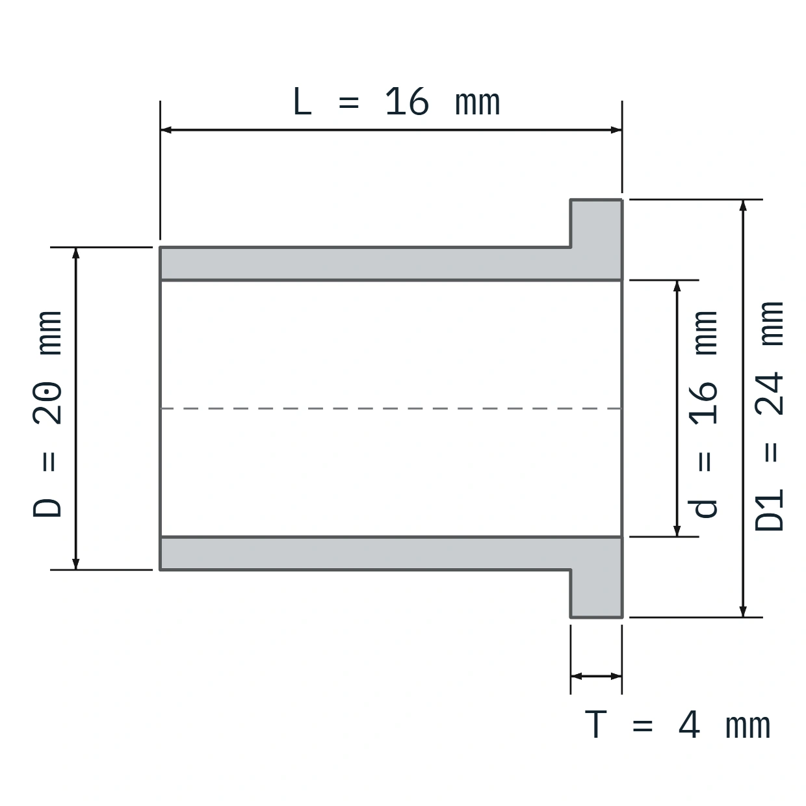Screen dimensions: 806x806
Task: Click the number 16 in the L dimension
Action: click(x=406, y=101)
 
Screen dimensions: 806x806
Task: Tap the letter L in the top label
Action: click(x=302, y=101)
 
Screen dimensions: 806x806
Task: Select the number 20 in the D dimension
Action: click(x=47, y=402)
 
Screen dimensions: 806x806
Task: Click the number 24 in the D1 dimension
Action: click(x=769, y=393)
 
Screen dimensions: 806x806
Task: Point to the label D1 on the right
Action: click(x=769, y=510)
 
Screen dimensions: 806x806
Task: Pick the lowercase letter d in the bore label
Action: click(x=703, y=508)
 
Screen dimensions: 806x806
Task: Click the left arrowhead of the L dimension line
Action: click(x=166, y=130)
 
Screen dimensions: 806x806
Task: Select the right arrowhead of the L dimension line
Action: click(x=616, y=130)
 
